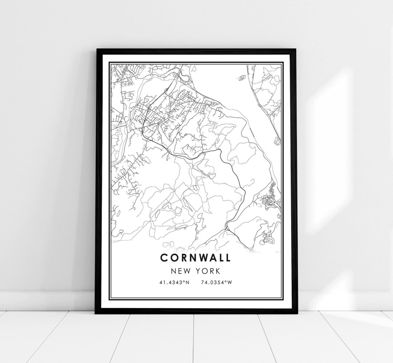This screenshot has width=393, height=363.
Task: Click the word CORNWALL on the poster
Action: [x=195, y=258]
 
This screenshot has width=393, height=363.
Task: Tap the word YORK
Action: [x=209, y=271]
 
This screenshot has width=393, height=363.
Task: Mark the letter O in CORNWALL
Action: [x=173, y=258]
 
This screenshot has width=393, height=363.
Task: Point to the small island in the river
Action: [x=241, y=78]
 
